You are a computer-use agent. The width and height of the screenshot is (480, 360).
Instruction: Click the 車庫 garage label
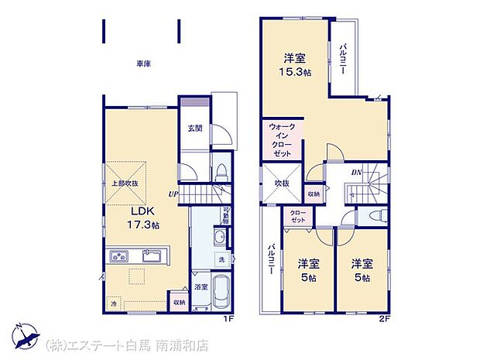pyautogui.click(x=144, y=64)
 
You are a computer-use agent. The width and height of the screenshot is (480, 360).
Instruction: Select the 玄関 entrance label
pyautogui.click(x=194, y=129)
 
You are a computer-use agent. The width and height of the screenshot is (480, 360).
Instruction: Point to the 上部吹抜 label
pyautogui.click(x=124, y=183)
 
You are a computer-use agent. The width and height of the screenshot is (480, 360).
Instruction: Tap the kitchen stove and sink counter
pyautogui.click(x=136, y=256)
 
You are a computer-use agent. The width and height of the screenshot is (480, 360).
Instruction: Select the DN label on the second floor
pyautogui.click(x=357, y=173)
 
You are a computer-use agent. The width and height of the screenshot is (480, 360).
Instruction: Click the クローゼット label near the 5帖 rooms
pyautogui.click(x=298, y=215)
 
